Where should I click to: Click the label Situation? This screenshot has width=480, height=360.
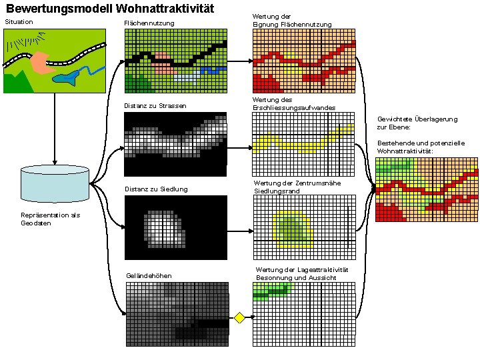19,22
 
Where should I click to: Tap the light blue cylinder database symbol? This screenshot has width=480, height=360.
55,183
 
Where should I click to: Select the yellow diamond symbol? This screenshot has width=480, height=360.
240,317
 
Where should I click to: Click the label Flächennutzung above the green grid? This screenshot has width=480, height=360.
149,24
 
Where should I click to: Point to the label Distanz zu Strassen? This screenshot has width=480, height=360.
156,106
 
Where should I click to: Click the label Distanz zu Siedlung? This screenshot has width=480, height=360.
157,189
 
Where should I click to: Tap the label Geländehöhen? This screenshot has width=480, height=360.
149,276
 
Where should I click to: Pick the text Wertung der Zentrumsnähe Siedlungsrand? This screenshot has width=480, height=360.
287,187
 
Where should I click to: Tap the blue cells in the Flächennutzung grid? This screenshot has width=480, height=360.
212,70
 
